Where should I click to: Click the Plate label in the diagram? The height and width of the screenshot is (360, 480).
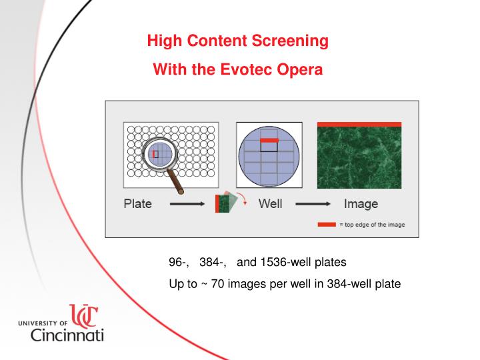(x=138, y=204)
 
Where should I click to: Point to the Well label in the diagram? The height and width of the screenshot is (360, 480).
(x=270, y=204)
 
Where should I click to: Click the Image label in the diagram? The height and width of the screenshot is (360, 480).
(x=361, y=204)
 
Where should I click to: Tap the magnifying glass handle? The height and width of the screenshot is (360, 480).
(x=177, y=179)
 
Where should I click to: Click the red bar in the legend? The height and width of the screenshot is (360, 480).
(x=327, y=225)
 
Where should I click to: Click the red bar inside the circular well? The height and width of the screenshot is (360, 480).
(x=269, y=141)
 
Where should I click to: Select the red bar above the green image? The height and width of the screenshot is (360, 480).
(x=359, y=124)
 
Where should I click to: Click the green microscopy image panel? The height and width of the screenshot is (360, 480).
(x=359, y=158)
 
